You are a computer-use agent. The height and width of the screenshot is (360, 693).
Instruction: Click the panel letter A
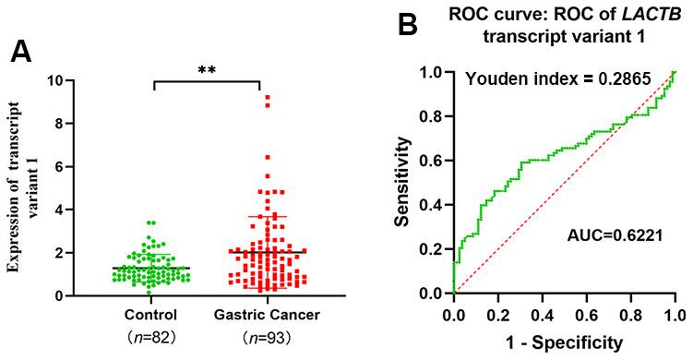pos(22,52)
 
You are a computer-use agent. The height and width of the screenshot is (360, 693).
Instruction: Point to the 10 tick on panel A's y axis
pos(54,80)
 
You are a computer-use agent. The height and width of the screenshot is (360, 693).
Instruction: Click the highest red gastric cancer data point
pos(268,97)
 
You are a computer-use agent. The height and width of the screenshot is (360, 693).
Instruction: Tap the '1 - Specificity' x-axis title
pos(564,343)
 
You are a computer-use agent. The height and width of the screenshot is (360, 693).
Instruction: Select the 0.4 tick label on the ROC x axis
pos(542,316)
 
